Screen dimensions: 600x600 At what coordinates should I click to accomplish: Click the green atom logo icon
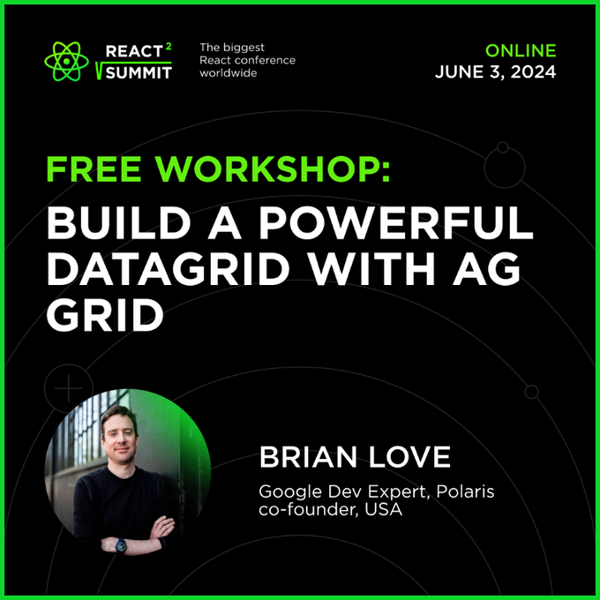coord(66,61)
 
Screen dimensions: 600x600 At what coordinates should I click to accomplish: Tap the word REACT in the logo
coord(134,51)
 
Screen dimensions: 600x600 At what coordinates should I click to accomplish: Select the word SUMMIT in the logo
coord(139,72)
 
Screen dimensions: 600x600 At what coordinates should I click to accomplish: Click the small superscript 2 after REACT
coord(169,47)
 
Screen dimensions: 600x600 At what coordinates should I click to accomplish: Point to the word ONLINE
coord(521,50)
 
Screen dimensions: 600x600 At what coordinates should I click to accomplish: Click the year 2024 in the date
coord(534,72)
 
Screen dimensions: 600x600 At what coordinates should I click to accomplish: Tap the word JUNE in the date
coord(459,72)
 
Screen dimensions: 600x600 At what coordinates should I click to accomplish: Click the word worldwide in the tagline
coord(228,72)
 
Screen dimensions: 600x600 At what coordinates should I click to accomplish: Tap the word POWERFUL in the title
coord(396,222)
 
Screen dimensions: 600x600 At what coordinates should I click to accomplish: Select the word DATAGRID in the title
coord(169,268)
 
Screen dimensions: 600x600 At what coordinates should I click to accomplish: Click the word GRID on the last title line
coord(105,315)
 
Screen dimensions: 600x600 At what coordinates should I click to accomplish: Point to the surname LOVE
coord(409,456)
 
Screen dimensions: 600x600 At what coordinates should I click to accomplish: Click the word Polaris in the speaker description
coord(465,491)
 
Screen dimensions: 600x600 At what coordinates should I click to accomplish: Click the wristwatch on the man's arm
coord(121,545)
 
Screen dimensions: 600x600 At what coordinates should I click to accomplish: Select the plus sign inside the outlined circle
coord(69,388)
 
